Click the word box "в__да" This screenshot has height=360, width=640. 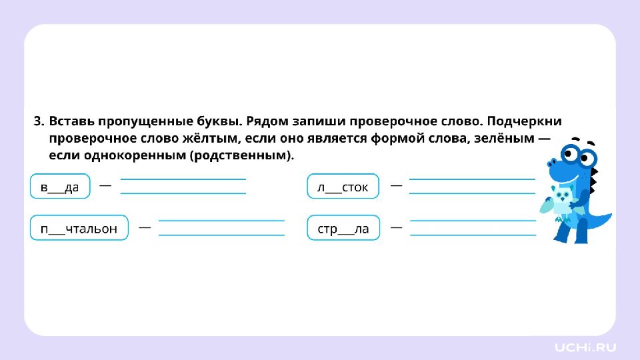[x=59, y=187]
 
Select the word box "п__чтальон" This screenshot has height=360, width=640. [x=79, y=229]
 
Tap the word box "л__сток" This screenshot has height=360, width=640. [x=343, y=187]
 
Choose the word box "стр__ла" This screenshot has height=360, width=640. [x=343, y=229]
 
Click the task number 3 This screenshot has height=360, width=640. [x=38, y=122]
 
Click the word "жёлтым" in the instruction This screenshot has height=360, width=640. [x=205, y=139]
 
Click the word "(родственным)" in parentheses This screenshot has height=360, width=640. [x=241, y=155]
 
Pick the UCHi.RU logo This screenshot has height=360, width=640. [x=586, y=347]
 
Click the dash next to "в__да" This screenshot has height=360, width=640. [x=105, y=185]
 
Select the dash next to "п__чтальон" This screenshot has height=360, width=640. [x=144, y=227]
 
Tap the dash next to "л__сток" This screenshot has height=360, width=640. [x=396, y=185]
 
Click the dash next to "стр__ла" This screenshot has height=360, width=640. [x=396, y=227]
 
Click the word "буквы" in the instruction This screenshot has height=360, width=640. [x=219, y=122]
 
